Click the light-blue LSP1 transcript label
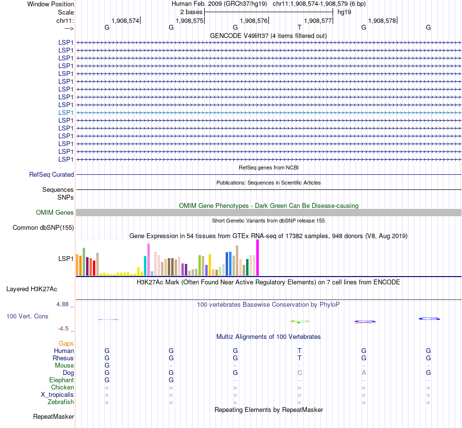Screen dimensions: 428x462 (x=66, y=112)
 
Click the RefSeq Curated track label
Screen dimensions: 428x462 (x=52, y=174)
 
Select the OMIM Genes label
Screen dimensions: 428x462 (x=55, y=212)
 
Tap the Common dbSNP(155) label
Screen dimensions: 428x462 (x=43, y=227)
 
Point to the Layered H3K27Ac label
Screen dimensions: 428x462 (x=32, y=289)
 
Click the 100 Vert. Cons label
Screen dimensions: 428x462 (x=27, y=316)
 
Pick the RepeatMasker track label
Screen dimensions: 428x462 (x=53, y=416)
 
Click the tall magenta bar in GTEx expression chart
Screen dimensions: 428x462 (x=257, y=258)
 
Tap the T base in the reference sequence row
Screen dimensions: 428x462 (x=300, y=28)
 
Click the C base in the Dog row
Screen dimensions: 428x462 (x=300, y=372)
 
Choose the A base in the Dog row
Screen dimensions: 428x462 (x=364, y=372)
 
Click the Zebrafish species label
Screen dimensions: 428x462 (x=61, y=402)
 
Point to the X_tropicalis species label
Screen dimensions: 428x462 (x=57, y=394)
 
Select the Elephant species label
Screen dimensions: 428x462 (x=62, y=380)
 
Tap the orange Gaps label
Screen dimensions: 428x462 (x=66, y=343)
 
